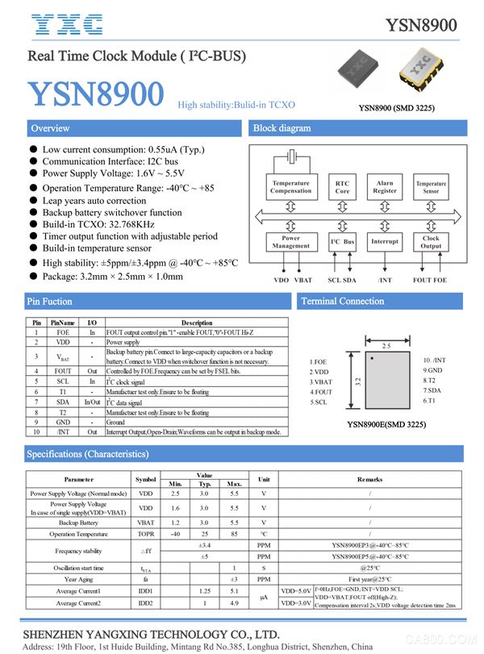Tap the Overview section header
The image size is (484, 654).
50,128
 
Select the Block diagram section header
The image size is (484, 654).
282,128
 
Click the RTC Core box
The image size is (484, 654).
342,188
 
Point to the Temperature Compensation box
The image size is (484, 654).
290,187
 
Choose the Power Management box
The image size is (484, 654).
290,242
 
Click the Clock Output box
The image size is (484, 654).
431,242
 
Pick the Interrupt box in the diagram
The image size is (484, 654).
385,242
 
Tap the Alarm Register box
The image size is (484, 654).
385,187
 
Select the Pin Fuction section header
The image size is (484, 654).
51,302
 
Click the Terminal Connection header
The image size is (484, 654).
342,302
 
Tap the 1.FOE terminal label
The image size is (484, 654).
319,362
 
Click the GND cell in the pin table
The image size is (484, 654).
63,422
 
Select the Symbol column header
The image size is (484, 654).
145,479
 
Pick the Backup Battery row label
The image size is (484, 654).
78,523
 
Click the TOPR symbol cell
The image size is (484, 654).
145,534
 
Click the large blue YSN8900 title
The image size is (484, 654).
96,95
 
